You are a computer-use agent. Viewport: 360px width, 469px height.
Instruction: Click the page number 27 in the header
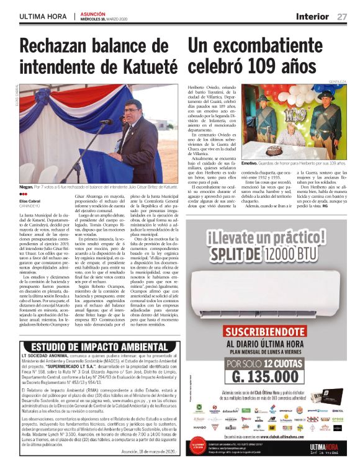click(341, 16)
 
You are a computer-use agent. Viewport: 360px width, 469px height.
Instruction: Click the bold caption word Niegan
click(26, 185)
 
